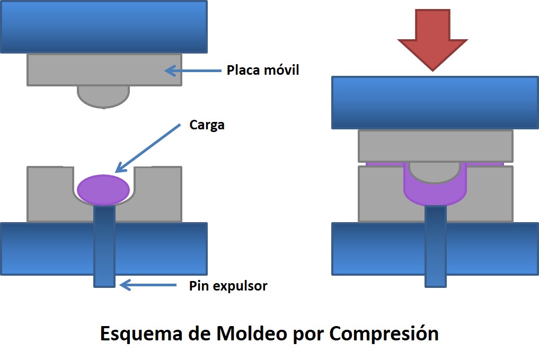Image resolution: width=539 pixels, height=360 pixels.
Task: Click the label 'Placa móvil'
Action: [263, 70]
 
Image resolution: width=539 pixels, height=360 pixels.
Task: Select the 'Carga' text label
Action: [207, 126]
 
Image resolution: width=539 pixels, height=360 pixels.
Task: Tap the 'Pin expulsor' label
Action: [228, 286]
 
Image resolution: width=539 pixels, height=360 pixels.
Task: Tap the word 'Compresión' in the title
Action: [384, 333]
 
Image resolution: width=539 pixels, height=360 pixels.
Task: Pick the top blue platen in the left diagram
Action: [103, 27]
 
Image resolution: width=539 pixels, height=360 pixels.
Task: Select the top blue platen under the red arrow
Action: [435, 102]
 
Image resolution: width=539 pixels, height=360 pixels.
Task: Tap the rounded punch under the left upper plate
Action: [103, 95]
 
